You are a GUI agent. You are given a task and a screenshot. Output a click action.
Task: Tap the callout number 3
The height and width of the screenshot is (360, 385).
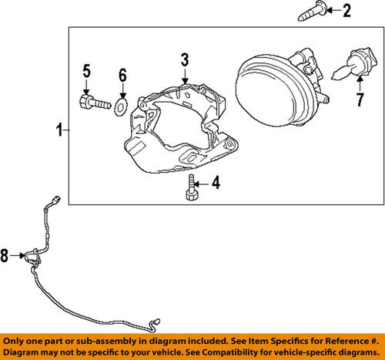click(x=185, y=59)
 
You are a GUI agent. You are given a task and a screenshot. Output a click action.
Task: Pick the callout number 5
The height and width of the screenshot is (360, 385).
click(x=87, y=73)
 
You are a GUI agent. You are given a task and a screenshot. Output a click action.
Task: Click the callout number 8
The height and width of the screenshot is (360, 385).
click(x=6, y=256)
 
